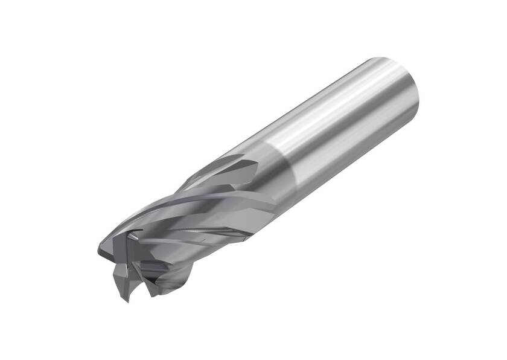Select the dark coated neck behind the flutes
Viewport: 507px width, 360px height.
pos(266,175)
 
